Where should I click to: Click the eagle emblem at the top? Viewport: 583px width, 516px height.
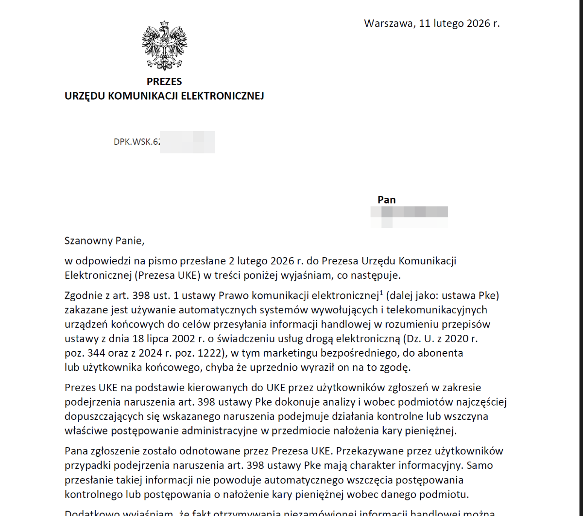click(164, 46)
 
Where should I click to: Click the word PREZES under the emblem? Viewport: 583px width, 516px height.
click(164, 82)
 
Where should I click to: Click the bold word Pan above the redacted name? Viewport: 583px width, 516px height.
click(387, 200)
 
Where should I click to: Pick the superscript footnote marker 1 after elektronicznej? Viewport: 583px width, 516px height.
click(381, 292)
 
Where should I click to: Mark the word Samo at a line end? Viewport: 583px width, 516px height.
click(480, 465)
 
